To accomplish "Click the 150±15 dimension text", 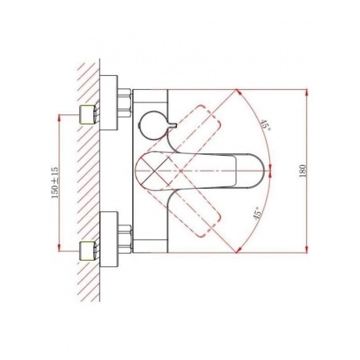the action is pos(55,182).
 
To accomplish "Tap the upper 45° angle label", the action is pos(265,125).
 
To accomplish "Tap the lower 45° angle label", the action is pos(257,213).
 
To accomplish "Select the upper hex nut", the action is pos(124,103).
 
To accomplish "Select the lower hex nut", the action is pos(124,239).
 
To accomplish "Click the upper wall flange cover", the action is pos(109,103).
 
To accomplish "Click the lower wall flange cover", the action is pos(109,239).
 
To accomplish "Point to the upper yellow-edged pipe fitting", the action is pos(88,114).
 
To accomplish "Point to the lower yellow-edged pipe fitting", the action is pos(88,250).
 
